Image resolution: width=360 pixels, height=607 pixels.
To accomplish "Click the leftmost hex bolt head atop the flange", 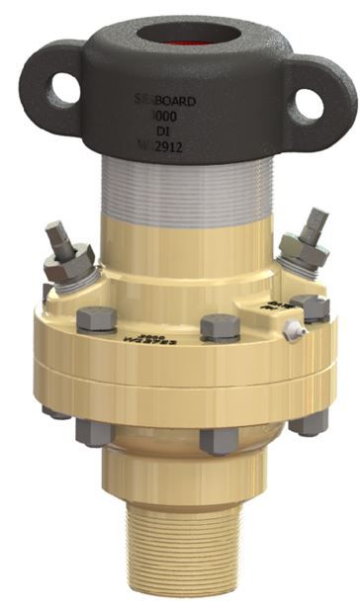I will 96,319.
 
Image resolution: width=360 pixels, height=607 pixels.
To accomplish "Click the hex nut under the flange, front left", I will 93,433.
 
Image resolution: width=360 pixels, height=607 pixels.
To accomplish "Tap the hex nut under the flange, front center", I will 217,441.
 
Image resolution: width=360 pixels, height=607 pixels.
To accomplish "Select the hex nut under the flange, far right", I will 313,420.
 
